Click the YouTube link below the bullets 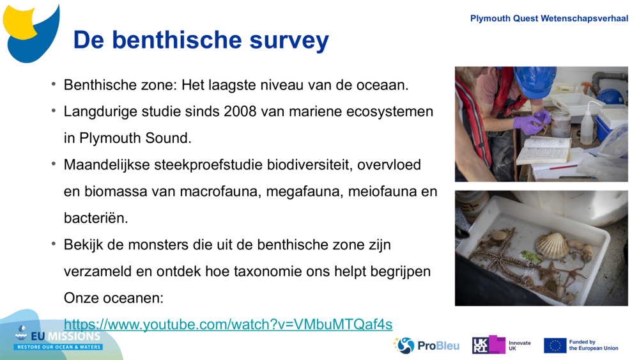pyautogui.click(x=228, y=324)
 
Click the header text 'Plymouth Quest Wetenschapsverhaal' pyautogui.click(x=549, y=19)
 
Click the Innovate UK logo pyautogui.click(x=502, y=345)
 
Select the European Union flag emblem pyautogui.click(x=555, y=345)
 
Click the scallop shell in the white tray pyautogui.click(x=551, y=246)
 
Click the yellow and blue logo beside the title pyautogui.click(x=31, y=32)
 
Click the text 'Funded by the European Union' pyautogui.click(x=593, y=345)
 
